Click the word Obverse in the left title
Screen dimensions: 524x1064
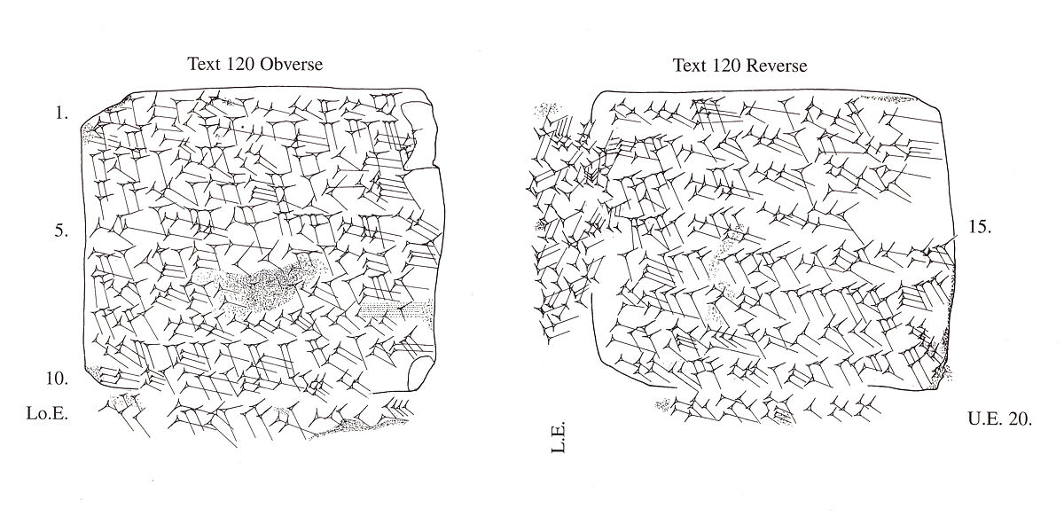[x=291, y=65]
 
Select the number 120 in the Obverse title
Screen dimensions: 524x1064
[x=239, y=65]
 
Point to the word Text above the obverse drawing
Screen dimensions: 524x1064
[x=203, y=65]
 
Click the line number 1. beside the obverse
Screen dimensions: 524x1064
[x=61, y=114]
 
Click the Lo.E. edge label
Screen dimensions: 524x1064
[x=49, y=412]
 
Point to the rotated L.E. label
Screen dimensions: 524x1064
[x=559, y=439]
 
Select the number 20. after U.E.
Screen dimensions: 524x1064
[x=1020, y=420]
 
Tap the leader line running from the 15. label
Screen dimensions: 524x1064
[x=946, y=241]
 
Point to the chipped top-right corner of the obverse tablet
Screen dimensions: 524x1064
[x=420, y=124]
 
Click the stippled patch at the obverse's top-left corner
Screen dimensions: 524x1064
[x=91, y=131]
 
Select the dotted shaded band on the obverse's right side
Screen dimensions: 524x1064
[x=395, y=309]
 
